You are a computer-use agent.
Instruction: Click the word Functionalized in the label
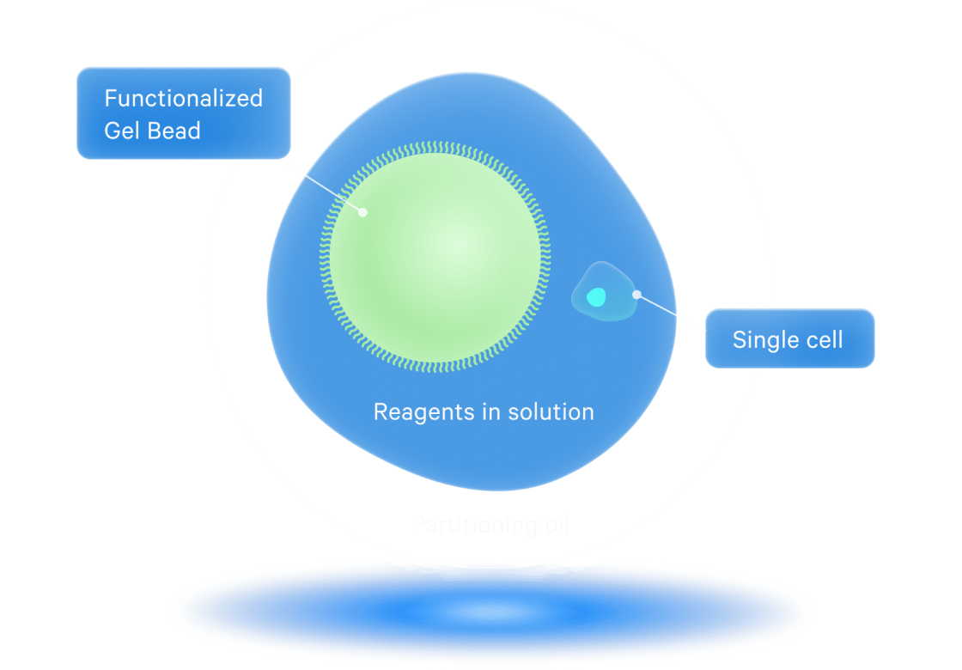coord(183,98)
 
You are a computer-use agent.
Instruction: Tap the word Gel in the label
coord(122,131)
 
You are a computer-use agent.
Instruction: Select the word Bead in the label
coord(174,131)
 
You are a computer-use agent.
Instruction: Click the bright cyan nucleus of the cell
coord(596,297)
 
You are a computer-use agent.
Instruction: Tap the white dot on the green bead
coord(362,211)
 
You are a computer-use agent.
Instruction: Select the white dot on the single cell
coord(636,295)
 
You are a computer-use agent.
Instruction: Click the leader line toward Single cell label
coord(658,306)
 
